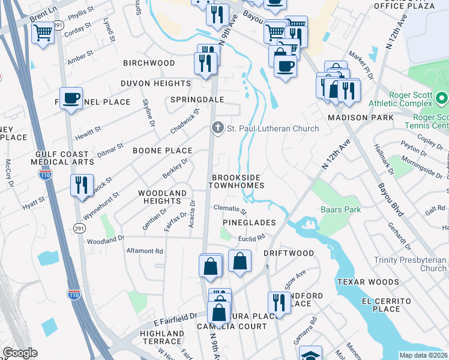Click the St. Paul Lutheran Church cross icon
[x=217, y=128]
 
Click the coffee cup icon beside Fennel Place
[x=71, y=98]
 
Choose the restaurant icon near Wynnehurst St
[x=81, y=185]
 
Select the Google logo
[x=20, y=353]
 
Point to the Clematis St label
[x=230, y=209]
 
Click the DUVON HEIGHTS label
[x=155, y=83]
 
